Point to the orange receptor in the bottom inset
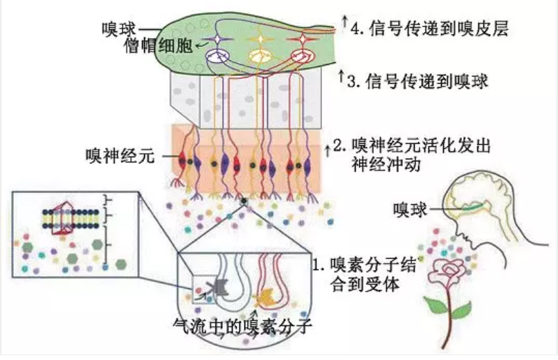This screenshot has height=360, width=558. pyautogui.click(x=264, y=298)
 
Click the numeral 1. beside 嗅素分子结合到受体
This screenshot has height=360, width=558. pyautogui.click(x=319, y=264)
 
